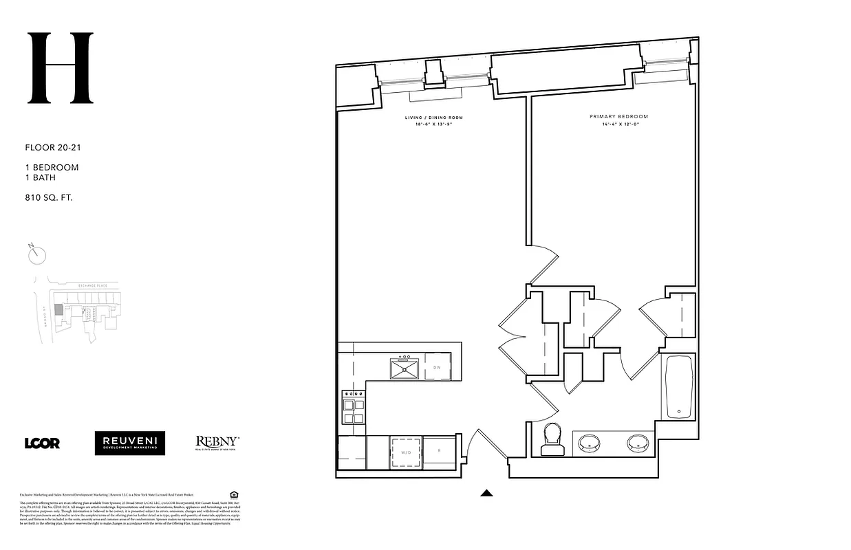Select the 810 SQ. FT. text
[x=49, y=197]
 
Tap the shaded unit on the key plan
[x=58, y=311]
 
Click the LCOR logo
[x=42, y=443]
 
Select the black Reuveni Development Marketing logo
[x=130, y=443]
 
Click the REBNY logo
[x=217, y=443]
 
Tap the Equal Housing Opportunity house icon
[x=234, y=494]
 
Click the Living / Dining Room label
[x=432, y=118]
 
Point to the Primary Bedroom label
[x=618, y=117]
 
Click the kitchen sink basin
[x=405, y=369]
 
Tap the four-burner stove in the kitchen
[x=353, y=407]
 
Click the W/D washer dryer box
[x=406, y=452]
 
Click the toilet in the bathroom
[x=553, y=439]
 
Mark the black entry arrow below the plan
[x=486, y=492]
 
